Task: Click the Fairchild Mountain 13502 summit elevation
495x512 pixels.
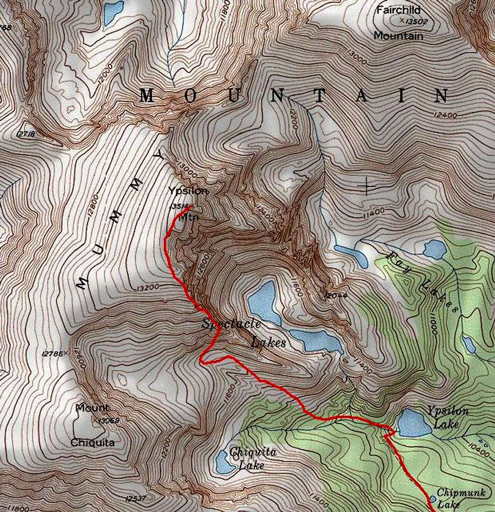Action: pos(416,22)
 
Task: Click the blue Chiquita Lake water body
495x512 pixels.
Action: pos(224,460)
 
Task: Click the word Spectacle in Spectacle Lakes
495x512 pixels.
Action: pos(231,324)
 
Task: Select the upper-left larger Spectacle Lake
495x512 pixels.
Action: pos(264,302)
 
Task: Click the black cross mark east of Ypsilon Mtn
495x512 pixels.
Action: pos(367,185)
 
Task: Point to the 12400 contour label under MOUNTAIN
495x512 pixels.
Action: pos(444,115)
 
